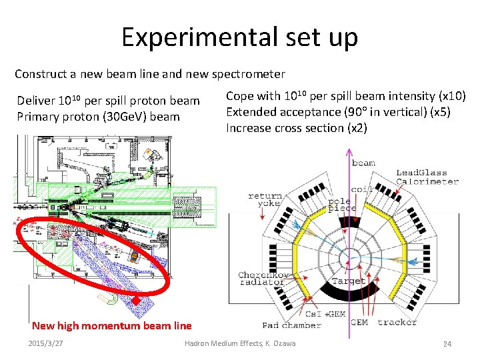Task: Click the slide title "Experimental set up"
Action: pyautogui.click(x=239, y=37)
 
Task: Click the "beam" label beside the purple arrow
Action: pyautogui.click(x=363, y=163)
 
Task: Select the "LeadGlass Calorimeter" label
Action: pyautogui.click(x=427, y=177)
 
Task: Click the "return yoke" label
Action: pyautogui.click(x=265, y=201)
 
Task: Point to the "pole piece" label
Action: pyautogui.click(x=342, y=204)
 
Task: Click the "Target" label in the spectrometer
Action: pyautogui.click(x=348, y=281)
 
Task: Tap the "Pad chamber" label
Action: pyautogui.click(x=291, y=325)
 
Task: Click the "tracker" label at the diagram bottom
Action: pyautogui.click(x=397, y=323)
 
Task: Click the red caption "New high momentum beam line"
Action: pyautogui.click(x=111, y=325)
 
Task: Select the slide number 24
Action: pyautogui.click(x=447, y=343)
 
